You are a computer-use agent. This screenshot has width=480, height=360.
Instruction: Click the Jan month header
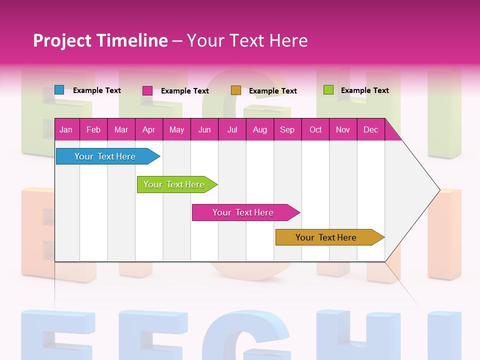point(66,129)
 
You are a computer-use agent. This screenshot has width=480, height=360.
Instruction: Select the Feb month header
point(93,129)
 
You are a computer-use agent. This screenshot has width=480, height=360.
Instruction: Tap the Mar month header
point(121,129)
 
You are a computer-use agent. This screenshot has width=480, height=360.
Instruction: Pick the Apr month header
point(148,129)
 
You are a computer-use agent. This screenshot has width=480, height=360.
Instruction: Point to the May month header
point(176,129)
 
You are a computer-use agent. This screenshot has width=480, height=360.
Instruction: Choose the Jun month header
point(204,129)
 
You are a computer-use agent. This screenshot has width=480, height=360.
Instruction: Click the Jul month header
point(232,129)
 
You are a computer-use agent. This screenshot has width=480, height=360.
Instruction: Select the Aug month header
point(259,129)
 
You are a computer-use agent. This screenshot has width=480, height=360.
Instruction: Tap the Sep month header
point(287,129)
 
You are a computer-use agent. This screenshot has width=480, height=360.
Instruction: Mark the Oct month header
point(315,129)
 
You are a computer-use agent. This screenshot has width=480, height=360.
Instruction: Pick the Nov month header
point(343,129)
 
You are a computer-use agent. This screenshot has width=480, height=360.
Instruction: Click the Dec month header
point(370,129)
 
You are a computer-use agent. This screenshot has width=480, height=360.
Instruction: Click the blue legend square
point(59,90)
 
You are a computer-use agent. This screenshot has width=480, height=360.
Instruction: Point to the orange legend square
point(236,90)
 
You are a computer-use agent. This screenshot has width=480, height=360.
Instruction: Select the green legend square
point(328,90)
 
